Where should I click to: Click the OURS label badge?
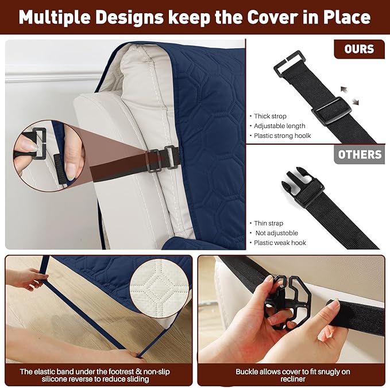click(359, 49)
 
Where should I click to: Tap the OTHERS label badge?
click(360, 154)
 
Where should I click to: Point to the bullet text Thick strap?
click(270, 117)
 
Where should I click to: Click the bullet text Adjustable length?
click(280, 126)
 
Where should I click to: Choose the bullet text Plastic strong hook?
click(282, 135)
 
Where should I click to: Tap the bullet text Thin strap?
click(269, 223)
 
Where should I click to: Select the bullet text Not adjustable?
click(277, 233)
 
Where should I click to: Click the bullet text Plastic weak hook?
click(280, 243)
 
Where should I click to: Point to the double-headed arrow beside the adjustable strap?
click(350, 95)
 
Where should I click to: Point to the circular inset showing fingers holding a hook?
click(49, 156)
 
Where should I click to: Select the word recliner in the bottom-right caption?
click(293, 379)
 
